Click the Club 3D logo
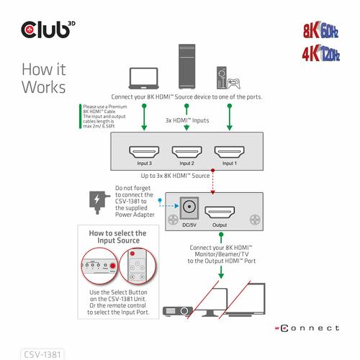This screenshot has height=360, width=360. pos(47,30)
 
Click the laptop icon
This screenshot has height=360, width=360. pos(144,78)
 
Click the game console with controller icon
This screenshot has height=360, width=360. pos(228,78)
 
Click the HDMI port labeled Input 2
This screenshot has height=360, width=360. pos(186,153)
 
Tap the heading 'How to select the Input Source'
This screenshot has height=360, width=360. pos(117,238)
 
